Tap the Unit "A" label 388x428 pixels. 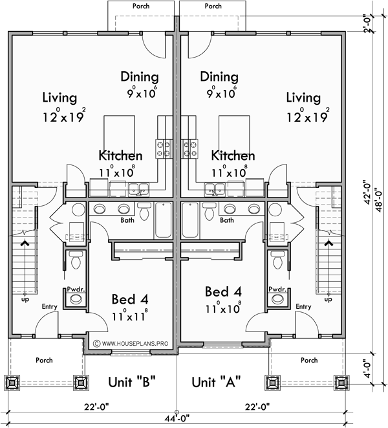(x=217, y=381)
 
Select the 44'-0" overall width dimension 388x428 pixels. (x=175, y=418)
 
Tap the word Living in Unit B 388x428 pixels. (x=59, y=98)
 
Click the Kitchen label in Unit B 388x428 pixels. (x=120, y=156)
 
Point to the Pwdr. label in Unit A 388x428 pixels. (x=278, y=290)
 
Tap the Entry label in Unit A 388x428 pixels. (x=303, y=306)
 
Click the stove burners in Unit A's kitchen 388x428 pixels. (x=189, y=149)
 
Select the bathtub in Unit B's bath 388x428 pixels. (x=162, y=221)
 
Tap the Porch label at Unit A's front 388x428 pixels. (x=309, y=360)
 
